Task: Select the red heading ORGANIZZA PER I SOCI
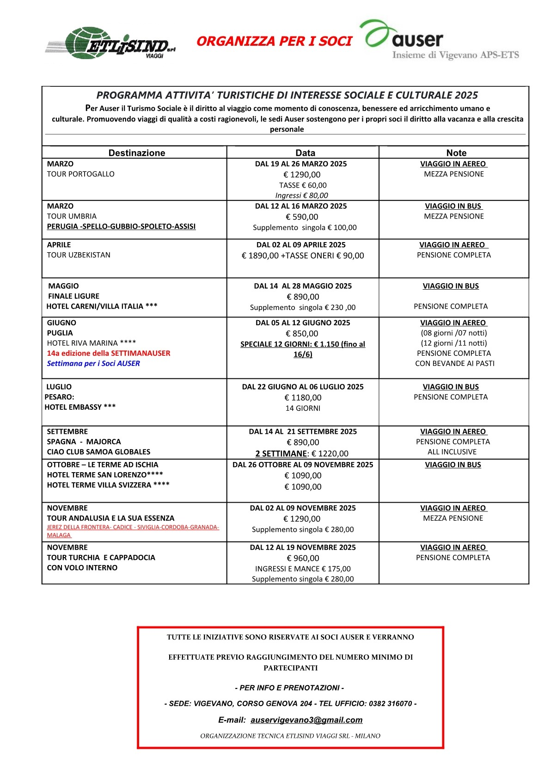274,42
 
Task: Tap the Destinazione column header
137,153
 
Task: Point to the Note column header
456,153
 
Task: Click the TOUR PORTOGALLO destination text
81,174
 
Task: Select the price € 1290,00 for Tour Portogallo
302,175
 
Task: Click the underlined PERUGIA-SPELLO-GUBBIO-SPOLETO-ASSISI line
121,226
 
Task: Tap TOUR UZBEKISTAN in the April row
79,255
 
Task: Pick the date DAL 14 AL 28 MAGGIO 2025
303,286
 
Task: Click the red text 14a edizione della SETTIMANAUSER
109,353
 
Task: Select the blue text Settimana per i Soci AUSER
93,364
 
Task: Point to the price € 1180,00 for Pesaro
303,398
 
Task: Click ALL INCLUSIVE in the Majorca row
452,452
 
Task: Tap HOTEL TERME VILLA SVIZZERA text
108,485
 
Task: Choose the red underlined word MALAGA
59,535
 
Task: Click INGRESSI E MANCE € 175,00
303,569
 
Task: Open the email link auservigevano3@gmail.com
306,720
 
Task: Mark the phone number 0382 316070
390,704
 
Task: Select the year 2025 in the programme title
466,96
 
